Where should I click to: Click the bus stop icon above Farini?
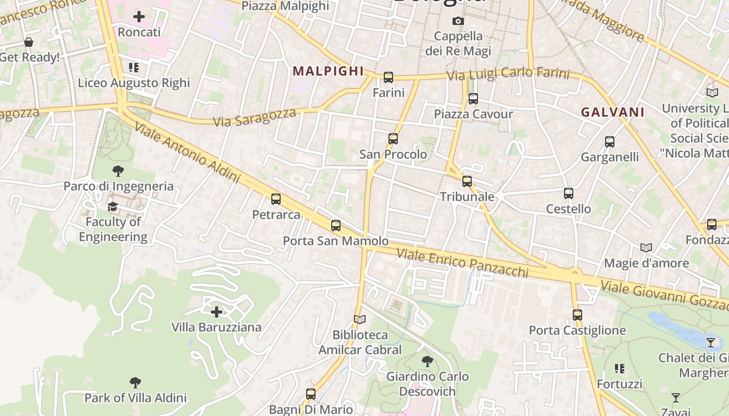click(388, 77)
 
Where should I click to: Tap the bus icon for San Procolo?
click(393, 139)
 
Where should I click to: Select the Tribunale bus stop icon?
click(467, 181)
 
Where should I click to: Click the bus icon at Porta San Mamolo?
click(336, 226)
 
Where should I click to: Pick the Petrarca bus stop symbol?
click(276, 199)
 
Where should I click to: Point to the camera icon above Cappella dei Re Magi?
click(458, 21)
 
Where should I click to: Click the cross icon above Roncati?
click(139, 17)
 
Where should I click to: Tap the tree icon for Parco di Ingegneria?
click(118, 171)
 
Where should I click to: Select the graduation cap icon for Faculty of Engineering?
click(112, 207)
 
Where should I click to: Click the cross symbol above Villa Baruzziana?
click(217, 312)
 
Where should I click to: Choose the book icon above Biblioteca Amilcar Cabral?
click(360, 319)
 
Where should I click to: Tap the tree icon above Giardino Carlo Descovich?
click(428, 361)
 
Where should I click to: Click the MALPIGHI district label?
click(328, 71)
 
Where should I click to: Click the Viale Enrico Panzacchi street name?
click(462, 263)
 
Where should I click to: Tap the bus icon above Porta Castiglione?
click(577, 315)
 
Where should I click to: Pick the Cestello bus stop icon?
click(569, 193)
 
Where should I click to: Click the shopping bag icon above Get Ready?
click(29, 42)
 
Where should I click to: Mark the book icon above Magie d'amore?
click(646, 248)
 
